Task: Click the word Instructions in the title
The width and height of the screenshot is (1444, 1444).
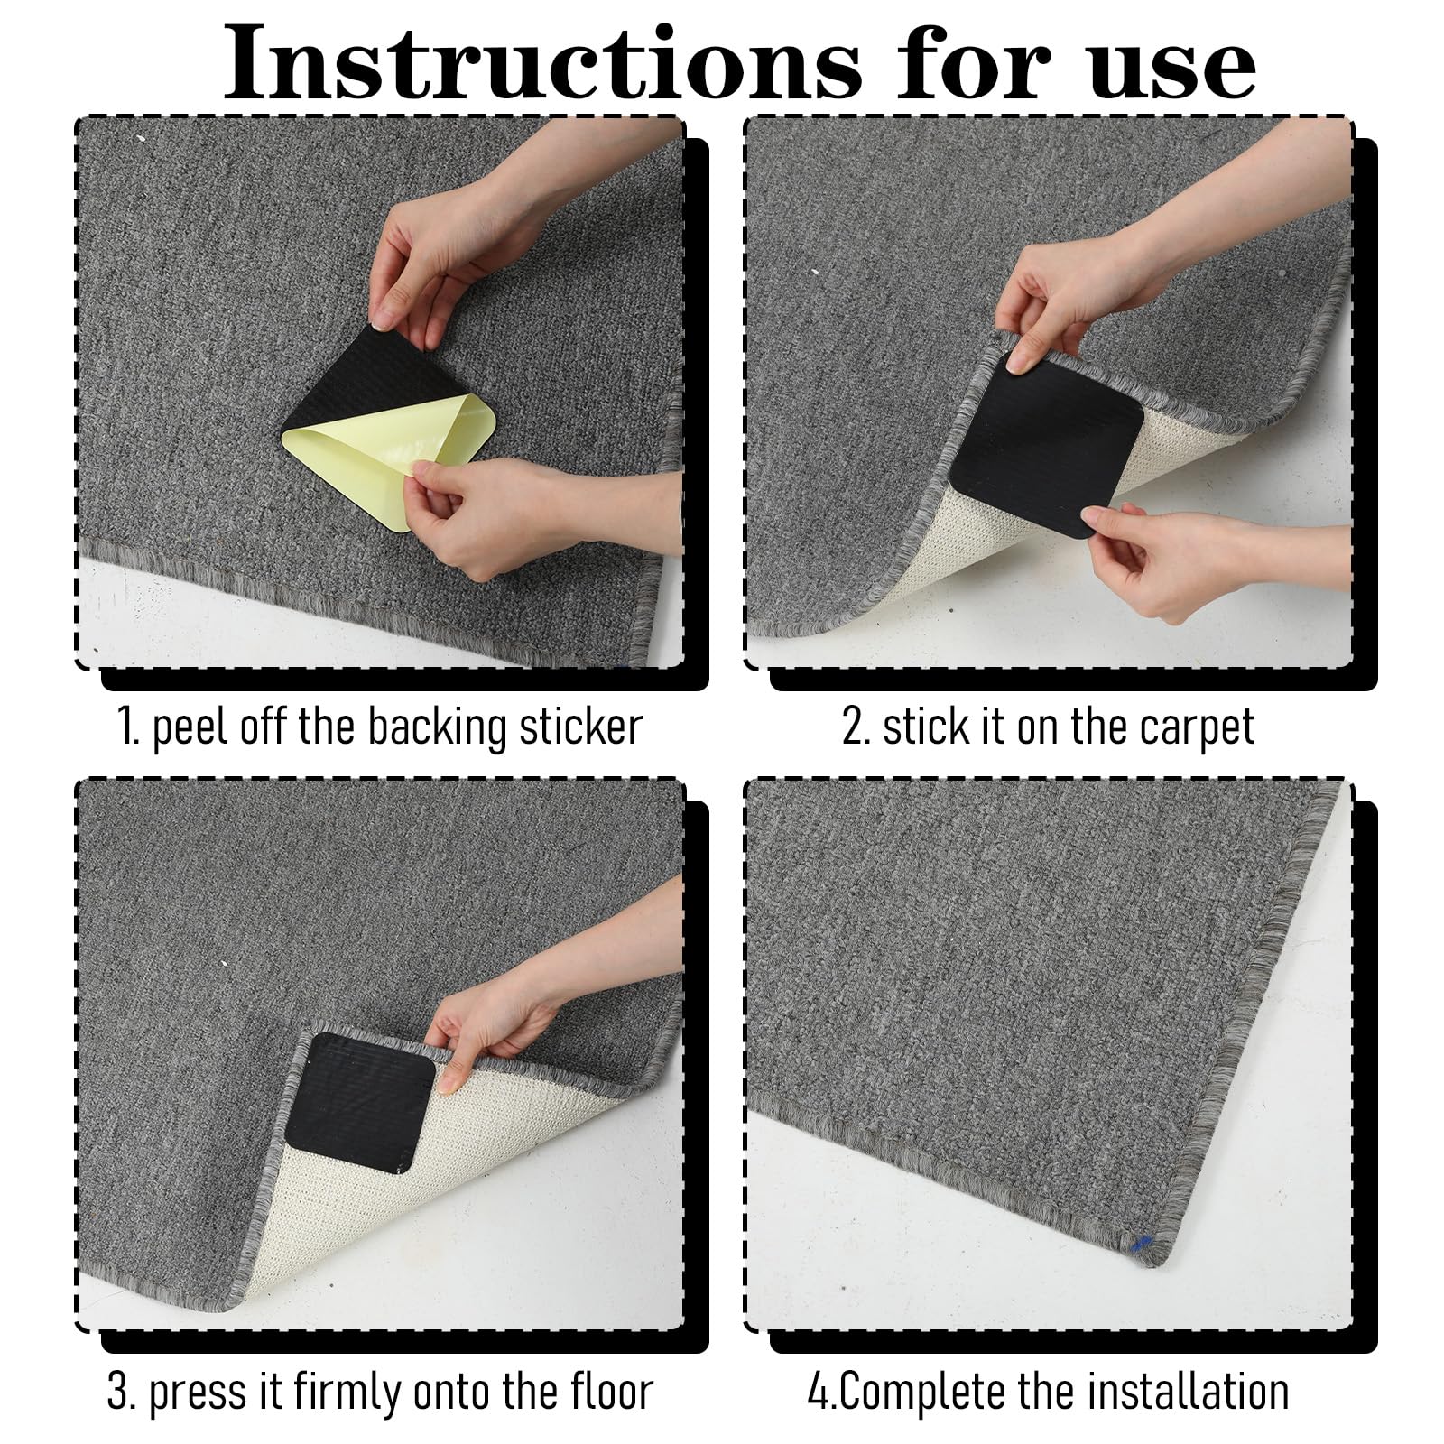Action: [541, 63]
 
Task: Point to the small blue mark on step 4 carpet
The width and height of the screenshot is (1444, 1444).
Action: [1141, 1245]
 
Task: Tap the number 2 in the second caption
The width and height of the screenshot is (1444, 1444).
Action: [853, 727]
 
